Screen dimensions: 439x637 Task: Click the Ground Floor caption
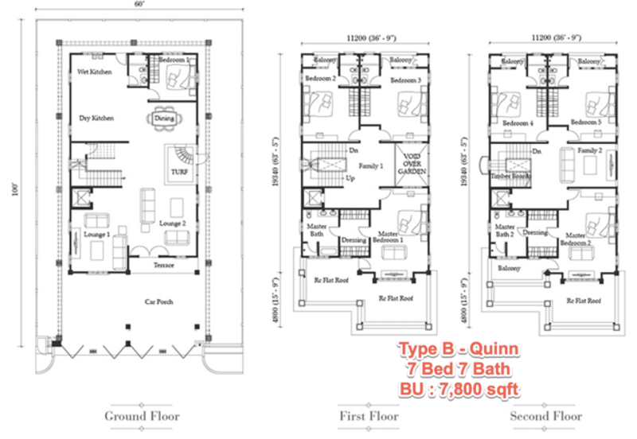(x=142, y=416)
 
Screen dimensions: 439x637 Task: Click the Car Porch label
(x=159, y=302)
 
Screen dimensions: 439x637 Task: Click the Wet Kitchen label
(x=94, y=72)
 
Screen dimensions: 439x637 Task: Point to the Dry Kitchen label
(x=96, y=118)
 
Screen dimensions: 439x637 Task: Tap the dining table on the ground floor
(x=164, y=118)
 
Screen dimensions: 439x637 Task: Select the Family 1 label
(x=372, y=165)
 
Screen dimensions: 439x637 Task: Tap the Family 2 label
(x=589, y=150)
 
